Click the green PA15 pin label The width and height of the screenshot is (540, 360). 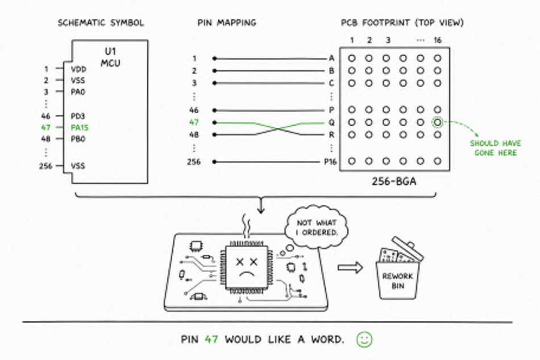[x=80, y=127]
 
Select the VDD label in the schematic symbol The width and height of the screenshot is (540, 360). [x=78, y=69]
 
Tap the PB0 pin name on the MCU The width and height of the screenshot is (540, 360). [x=78, y=139]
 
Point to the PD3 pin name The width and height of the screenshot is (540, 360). [x=78, y=116]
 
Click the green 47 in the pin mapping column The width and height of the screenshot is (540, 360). [x=194, y=122]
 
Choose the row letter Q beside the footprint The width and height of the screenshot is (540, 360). [x=331, y=123]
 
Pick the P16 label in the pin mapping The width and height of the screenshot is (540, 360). [x=330, y=162]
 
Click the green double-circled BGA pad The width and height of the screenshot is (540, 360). [x=437, y=122]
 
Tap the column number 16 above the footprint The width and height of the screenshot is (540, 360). [x=437, y=40]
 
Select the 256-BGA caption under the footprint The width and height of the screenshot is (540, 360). [x=394, y=181]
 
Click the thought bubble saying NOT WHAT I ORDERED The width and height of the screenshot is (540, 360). [x=317, y=227]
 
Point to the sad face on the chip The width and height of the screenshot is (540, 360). [x=247, y=267]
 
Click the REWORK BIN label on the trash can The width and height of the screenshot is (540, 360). [x=397, y=281]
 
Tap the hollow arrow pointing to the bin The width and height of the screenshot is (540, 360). [x=350, y=267]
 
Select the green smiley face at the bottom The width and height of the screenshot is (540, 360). [x=364, y=340]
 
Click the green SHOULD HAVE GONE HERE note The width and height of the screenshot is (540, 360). [x=496, y=148]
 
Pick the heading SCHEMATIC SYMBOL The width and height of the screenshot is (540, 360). [x=101, y=23]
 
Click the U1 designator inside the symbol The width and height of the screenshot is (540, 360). [x=110, y=52]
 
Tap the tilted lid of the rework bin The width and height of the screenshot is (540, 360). [x=408, y=248]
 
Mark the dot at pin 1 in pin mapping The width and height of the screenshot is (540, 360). [x=214, y=59]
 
